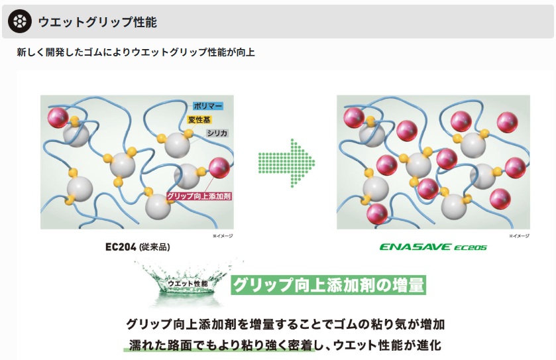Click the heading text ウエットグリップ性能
point(97,22)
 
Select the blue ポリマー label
point(207,106)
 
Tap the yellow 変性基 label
point(200,119)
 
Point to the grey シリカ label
point(217,133)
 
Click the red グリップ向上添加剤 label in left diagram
point(198,197)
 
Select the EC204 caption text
point(121,247)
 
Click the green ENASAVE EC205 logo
point(433,247)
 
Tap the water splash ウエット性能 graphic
point(188,284)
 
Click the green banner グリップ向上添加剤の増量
point(328,285)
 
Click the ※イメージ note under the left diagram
point(223,235)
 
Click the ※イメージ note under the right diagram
point(520,235)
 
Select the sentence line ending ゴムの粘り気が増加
point(285,325)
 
